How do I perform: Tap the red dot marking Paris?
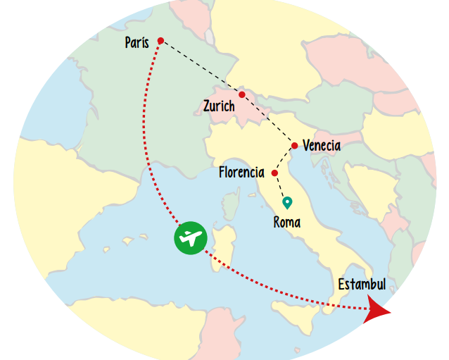pos(160,41)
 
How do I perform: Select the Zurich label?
pos(219,107)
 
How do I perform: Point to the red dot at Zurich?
pos(242,94)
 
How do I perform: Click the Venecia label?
pos(321,146)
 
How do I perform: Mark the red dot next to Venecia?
pos(294,146)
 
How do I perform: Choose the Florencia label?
pos(241,172)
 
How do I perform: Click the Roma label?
pos(286,223)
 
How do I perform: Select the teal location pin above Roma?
pos(287,203)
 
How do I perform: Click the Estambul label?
pos(362,285)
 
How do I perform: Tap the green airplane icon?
pos(190,238)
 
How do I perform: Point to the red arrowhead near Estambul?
pos(377,310)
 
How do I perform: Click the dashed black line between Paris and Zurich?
pos(201,68)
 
